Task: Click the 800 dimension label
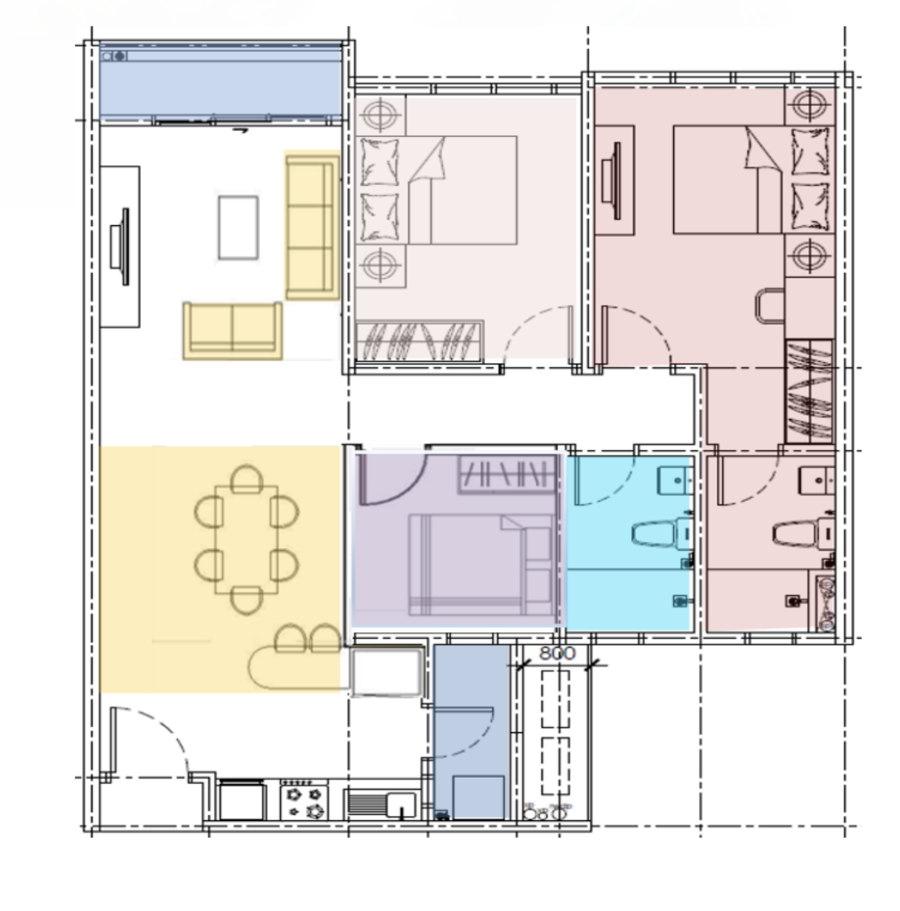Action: pyautogui.click(x=557, y=652)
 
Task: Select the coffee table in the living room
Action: pyautogui.click(x=238, y=228)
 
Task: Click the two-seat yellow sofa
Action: pyautogui.click(x=232, y=329)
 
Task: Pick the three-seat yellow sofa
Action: pyautogui.click(x=312, y=226)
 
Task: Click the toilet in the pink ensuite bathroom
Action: pyautogui.click(x=794, y=534)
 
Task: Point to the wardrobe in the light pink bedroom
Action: pyautogui.click(x=419, y=341)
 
